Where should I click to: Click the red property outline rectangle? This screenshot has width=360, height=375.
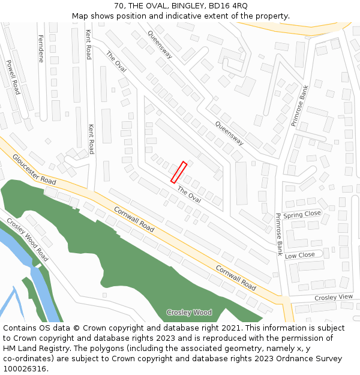coord(179,172)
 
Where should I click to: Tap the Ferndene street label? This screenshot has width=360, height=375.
coord(41,48)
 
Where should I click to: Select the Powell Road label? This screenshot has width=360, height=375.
coord(13,77)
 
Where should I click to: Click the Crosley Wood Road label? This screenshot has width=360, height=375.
coord(28,238)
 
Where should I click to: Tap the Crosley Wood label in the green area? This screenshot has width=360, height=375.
coord(189,313)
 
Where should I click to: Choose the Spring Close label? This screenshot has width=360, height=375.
coord(302,214)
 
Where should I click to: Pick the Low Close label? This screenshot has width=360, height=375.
coord(299,255)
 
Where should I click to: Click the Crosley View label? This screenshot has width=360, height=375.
coord(334,298)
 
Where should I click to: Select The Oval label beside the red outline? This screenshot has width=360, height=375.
coord(189,194)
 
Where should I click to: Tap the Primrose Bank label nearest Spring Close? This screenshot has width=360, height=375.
coord(279,235)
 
